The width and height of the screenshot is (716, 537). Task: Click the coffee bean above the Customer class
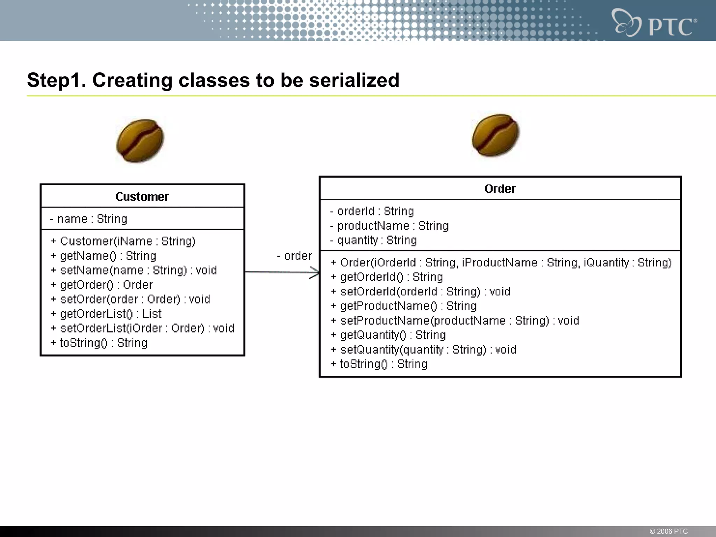tap(140, 141)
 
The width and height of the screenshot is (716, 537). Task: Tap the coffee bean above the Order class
tap(495, 135)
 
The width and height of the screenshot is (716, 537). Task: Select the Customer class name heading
tap(142, 197)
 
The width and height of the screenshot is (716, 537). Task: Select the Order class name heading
tap(500, 189)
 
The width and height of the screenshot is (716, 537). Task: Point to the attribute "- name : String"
tap(89, 219)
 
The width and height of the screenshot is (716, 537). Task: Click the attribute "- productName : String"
tap(389, 226)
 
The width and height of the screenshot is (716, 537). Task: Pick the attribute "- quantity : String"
tap(374, 241)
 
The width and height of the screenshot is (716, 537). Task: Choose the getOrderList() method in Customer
tap(106, 314)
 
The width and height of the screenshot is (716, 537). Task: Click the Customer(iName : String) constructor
tap(123, 242)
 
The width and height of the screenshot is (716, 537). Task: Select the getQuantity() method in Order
tap(388, 335)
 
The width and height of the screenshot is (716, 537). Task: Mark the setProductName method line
tap(455, 321)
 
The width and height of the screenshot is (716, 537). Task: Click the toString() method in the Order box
tap(379, 364)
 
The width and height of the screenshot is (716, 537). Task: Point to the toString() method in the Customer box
tap(99, 343)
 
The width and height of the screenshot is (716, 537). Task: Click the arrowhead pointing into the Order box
tap(315, 273)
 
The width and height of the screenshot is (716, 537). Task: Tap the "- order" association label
tap(294, 256)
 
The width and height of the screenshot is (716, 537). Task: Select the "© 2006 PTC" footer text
tap(668, 531)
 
